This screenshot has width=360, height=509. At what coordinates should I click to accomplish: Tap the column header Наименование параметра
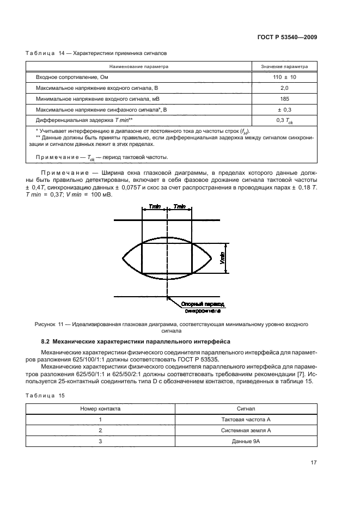pos(138,66)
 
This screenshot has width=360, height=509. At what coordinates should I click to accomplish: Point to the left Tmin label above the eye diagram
pos(155,207)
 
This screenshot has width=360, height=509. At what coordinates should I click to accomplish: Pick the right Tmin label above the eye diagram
pos(180,207)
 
